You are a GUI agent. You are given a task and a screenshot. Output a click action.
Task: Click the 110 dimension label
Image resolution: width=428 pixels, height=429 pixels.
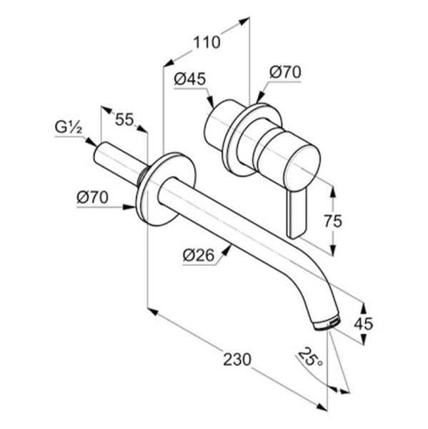point(206,43)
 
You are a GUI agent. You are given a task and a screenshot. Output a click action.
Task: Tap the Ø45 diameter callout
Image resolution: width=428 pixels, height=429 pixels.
point(190,79)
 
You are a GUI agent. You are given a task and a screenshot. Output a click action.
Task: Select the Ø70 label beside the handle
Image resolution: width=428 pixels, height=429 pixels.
point(285,72)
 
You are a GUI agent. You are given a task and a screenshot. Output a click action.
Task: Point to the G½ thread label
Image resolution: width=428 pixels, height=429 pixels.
point(68,127)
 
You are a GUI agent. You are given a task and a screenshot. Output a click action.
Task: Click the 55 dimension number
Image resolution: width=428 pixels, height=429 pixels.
point(124,119)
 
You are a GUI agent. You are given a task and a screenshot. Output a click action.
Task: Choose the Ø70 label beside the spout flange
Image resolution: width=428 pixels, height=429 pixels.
point(92,197)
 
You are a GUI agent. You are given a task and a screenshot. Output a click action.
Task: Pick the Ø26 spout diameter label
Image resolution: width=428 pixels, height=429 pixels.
point(199,255)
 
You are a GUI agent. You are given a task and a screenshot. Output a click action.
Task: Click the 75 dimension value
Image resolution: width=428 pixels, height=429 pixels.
point(333,221)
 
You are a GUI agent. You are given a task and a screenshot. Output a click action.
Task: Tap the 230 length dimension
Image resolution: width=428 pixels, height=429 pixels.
point(237,360)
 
